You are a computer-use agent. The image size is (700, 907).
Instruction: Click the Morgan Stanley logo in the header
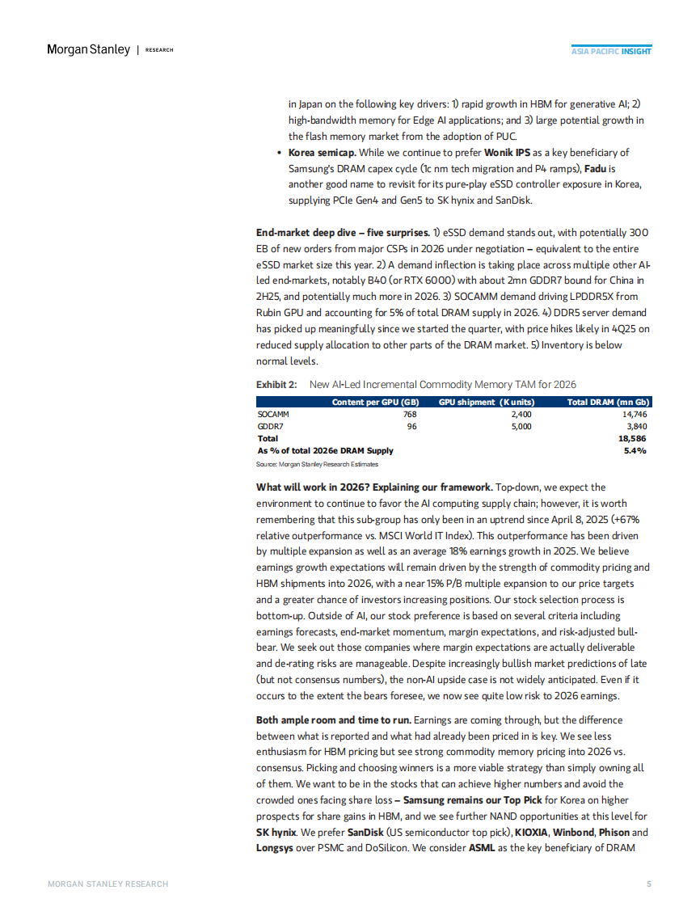click(x=88, y=49)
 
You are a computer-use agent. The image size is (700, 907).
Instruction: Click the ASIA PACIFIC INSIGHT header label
click(x=611, y=51)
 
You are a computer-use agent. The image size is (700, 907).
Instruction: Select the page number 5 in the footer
click(x=648, y=884)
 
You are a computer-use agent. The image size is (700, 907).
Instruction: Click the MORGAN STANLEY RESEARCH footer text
click(x=108, y=884)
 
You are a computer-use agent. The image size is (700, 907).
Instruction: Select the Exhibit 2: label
click(x=276, y=384)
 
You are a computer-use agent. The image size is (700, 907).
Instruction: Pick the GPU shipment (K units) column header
click(x=487, y=402)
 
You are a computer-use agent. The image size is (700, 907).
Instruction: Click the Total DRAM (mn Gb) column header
click(x=607, y=402)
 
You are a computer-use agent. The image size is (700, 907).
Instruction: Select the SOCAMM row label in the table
click(x=274, y=414)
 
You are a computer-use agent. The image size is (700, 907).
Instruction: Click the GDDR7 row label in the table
click(x=271, y=426)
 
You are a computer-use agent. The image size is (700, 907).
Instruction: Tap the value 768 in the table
click(x=409, y=414)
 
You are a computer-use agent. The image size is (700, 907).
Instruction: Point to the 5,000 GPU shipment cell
click(x=522, y=426)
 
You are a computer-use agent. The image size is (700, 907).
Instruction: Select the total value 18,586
click(x=631, y=438)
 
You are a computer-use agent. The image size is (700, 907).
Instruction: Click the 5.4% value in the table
click(x=635, y=450)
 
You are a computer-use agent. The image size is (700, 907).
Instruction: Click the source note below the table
click(x=317, y=464)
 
